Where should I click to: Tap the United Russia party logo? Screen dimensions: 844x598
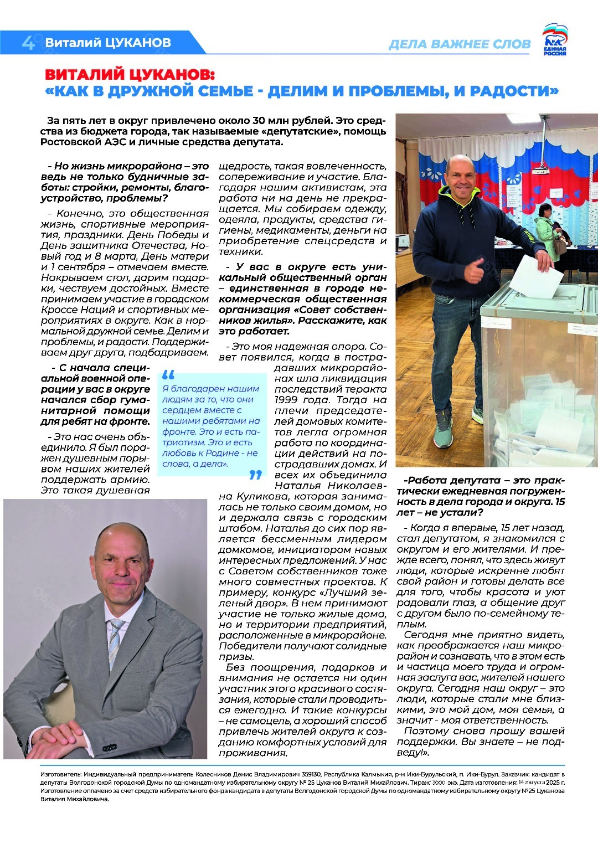(x=554, y=40)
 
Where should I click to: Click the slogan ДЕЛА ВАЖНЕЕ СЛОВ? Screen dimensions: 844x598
(x=460, y=44)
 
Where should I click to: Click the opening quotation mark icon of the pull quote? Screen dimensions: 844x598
(x=168, y=375)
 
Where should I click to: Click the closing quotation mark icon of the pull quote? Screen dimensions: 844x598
(x=255, y=475)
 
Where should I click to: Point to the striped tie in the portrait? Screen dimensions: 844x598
(x=114, y=642)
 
